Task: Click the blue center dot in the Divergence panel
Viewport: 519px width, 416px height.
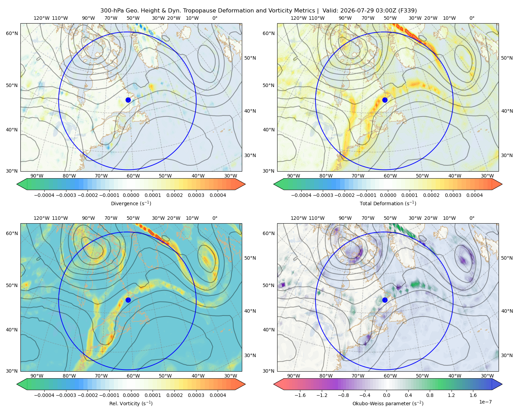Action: tap(128, 100)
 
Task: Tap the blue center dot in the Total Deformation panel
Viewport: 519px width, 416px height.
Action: tap(385, 100)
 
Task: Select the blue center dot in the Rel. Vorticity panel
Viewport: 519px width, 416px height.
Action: tap(128, 300)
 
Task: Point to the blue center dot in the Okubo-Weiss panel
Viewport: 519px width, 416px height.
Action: tap(385, 300)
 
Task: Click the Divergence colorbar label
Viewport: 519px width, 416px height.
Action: tap(131, 203)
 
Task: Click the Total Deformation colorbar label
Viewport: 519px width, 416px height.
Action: tap(388, 203)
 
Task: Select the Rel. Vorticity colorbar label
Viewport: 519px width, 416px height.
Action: tap(131, 403)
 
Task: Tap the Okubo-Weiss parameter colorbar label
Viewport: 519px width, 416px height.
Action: tap(388, 403)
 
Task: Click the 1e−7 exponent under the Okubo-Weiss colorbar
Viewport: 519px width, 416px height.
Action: tap(485, 402)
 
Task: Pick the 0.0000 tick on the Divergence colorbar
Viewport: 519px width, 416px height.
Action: tap(131, 195)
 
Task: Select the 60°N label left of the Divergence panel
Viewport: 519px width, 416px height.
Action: tap(12, 33)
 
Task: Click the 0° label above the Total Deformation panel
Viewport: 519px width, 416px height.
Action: tap(472, 18)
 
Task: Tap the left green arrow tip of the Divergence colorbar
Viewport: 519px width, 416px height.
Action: tap(17, 184)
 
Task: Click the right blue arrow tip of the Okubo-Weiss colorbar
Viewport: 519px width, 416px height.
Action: tap(502, 384)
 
